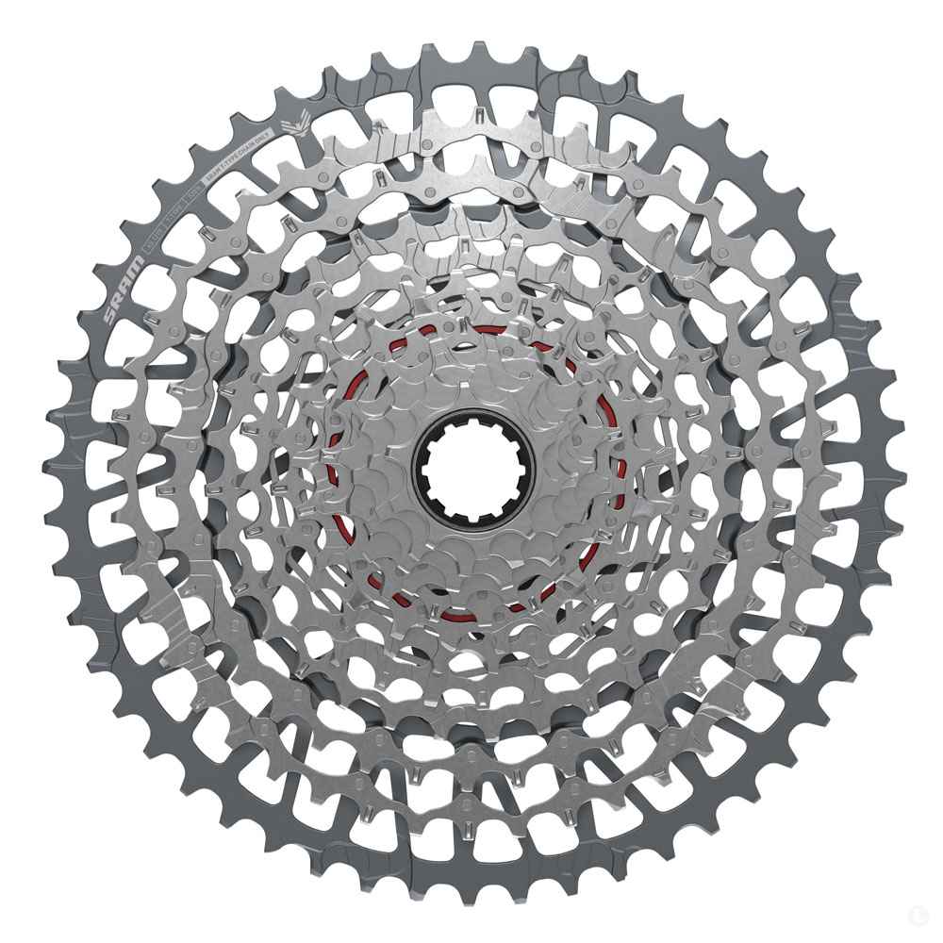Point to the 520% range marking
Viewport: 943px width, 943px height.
coord(193,191)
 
